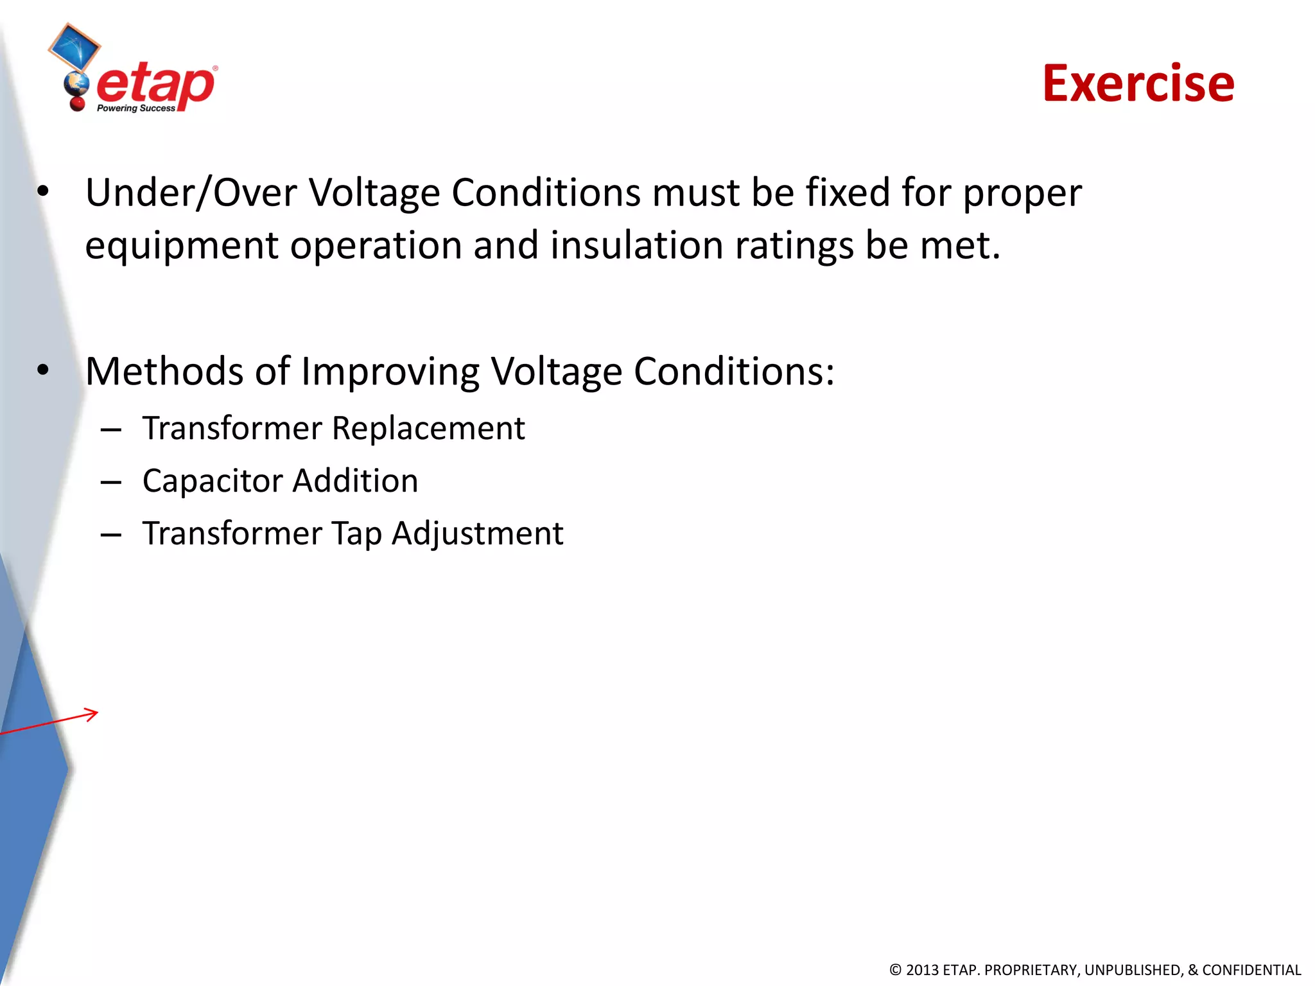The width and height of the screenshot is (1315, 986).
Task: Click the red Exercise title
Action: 1138,83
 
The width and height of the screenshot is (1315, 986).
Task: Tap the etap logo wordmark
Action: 155,85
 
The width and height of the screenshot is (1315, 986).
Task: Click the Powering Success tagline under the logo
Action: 135,108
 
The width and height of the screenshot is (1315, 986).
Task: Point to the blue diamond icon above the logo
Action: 74,46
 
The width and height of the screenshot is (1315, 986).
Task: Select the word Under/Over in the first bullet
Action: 191,193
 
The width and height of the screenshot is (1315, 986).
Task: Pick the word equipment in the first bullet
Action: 182,246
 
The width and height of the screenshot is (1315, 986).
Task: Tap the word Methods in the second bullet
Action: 164,371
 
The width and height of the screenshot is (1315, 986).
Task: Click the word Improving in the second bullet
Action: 390,372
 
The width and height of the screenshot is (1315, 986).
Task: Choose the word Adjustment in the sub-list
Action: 478,534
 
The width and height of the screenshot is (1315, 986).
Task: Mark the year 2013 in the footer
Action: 923,970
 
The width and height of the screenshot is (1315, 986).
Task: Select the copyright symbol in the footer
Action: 896,970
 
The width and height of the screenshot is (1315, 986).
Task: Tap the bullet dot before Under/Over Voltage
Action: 43,191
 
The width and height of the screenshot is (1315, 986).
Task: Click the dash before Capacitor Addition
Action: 111,482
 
